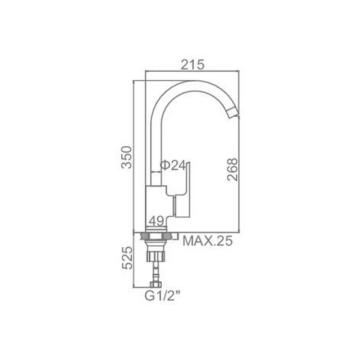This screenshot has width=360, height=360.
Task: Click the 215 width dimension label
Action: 193,64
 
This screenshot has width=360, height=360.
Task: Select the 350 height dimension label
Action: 126,157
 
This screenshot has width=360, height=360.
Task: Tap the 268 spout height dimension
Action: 232,169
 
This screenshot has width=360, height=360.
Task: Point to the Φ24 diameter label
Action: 172,166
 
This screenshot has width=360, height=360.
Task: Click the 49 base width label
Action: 156,221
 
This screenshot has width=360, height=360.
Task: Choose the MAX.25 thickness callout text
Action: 207,241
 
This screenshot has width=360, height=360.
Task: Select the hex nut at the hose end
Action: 156,284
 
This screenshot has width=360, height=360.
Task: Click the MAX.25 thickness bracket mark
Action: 176,237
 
